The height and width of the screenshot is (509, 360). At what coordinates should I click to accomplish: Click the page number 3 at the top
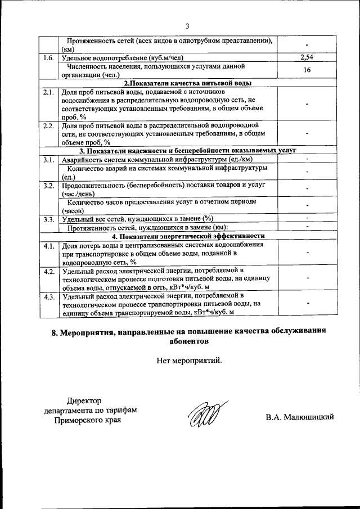[x=188, y=25]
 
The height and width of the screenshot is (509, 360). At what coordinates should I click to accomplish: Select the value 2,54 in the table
[x=307, y=57]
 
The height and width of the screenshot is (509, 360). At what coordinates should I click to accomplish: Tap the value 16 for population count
[x=307, y=70]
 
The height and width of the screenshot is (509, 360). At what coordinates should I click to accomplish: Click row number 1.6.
[x=49, y=57]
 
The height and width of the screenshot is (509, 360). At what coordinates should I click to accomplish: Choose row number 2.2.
[x=49, y=125]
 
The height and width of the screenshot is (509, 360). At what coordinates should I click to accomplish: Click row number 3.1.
[x=49, y=160]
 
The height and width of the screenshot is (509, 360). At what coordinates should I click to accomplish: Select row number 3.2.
[x=49, y=185]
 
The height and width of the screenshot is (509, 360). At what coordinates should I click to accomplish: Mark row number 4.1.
[x=49, y=246]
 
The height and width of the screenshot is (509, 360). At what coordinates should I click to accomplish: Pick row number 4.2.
[x=49, y=271]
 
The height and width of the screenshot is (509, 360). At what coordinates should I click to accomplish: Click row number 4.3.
[x=49, y=296]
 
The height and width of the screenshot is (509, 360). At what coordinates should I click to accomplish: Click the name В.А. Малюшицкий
[x=300, y=417]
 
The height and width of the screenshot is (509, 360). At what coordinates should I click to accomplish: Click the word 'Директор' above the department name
[x=84, y=401]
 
